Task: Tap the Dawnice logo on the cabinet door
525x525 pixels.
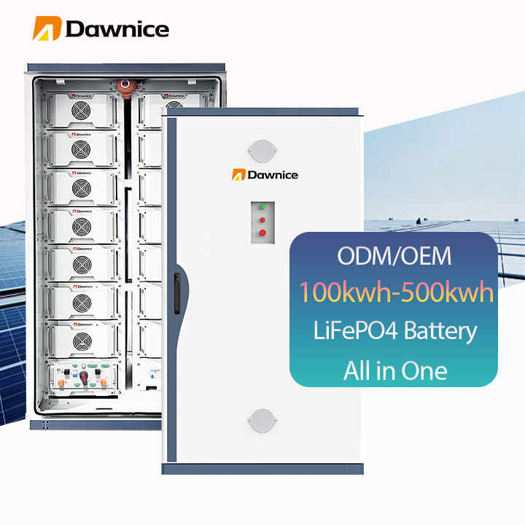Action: tap(265, 174)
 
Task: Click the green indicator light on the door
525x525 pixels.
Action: tap(261, 208)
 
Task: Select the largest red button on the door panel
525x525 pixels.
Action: tap(262, 233)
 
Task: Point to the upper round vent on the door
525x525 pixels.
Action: tap(261, 150)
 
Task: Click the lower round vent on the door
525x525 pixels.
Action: tap(261, 419)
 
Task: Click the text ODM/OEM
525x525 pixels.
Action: tap(394, 256)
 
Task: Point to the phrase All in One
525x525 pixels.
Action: tap(394, 370)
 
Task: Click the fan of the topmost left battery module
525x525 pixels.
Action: tap(82, 111)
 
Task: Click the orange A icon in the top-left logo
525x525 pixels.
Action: tap(45, 28)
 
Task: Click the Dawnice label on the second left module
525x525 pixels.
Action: tap(82, 134)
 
